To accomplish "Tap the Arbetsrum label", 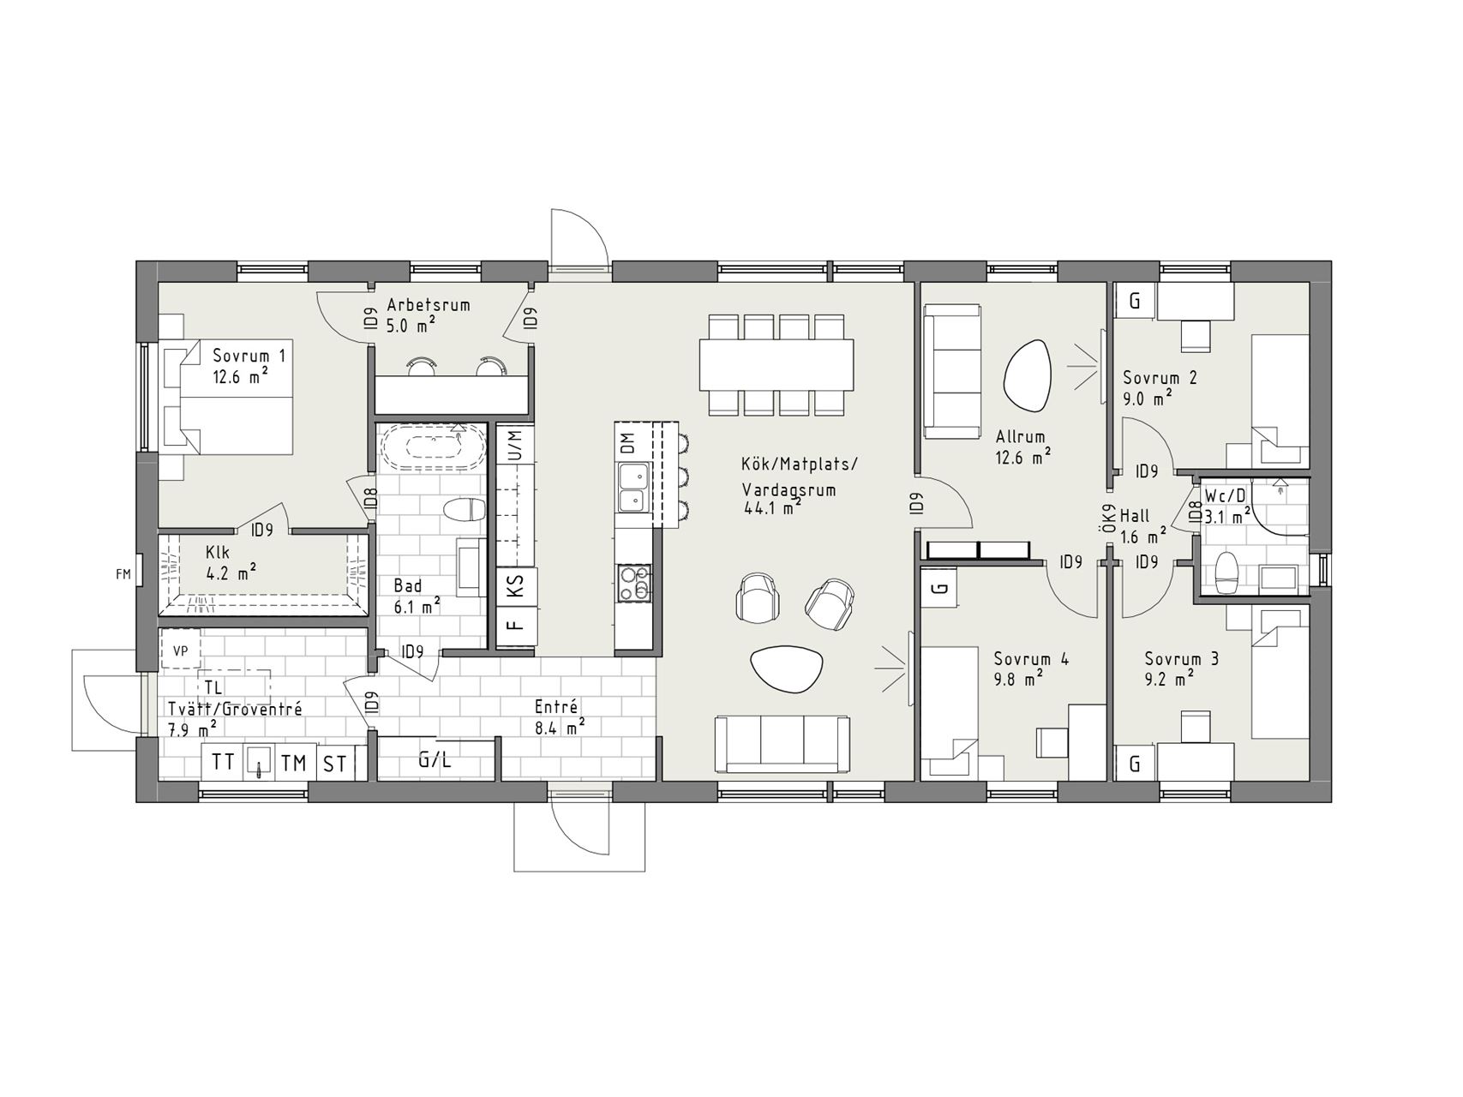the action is pyautogui.click(x=429, y=304).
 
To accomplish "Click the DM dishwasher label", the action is pyautogui.click(x=628, y=444).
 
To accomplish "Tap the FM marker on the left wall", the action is pyautogui.click(x=123, y=574).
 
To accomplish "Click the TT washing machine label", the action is pyautogui.click(x=223, y=762).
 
